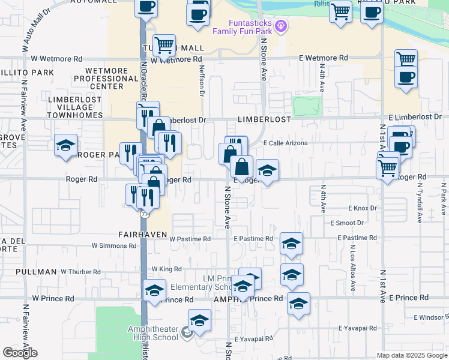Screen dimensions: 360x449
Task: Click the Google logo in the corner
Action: coord(20,352)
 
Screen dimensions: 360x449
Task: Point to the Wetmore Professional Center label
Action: coord(107,79)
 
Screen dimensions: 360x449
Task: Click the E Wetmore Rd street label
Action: coord(324,58)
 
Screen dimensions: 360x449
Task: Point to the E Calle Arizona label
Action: coord(286,143)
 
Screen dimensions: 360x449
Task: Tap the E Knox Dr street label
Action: coord(362,208)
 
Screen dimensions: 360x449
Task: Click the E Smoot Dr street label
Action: coord(347,223)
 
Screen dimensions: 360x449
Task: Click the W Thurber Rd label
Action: coord(80,272)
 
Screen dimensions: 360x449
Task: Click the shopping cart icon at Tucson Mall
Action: coord(164,45)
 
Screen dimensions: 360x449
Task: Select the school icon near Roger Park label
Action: coord(65,146)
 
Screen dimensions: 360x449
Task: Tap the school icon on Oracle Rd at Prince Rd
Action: coord(154,292)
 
